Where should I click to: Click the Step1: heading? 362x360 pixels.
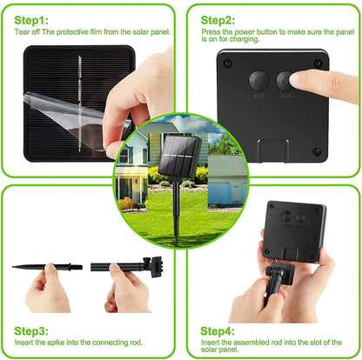tap(31, 18)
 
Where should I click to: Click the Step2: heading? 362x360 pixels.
tap(218, 18)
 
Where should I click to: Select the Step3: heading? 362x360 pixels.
tap(32, 330)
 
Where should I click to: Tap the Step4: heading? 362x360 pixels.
tap(218, 330)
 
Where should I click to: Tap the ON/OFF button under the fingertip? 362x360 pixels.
tap(285, 81)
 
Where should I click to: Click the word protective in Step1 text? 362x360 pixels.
tap(77, 31)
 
